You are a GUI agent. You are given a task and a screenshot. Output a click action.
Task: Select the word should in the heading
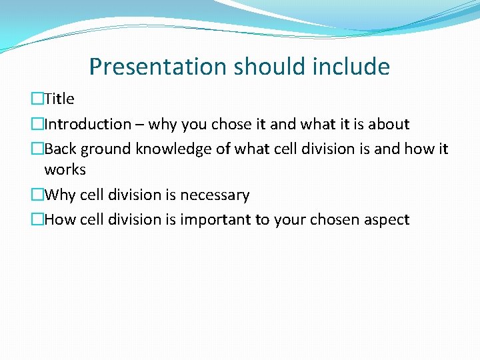tap(256, 67)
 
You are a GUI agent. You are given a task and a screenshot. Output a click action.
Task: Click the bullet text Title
tap(59, 99)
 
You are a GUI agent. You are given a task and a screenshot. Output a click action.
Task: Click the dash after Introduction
tap(140, 125)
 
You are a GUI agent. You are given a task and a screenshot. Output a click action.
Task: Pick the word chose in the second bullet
tap(231, 124)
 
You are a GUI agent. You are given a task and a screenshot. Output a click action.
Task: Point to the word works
tap(65, 170)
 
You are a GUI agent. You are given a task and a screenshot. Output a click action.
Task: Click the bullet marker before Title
tap(37, 99)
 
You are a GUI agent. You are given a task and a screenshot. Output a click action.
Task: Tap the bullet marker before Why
tap(37, 195)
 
